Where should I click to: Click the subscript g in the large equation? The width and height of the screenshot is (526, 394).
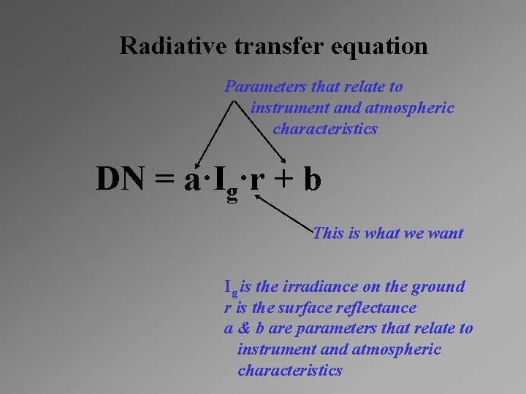pos(232,191)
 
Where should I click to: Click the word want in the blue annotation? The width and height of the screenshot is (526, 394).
pos(445,233)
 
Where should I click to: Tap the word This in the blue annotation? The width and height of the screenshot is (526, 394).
pos(328,233)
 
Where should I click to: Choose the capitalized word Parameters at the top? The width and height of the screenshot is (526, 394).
pos(266,87)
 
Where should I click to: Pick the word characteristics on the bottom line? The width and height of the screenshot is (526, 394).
pos(290,370)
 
